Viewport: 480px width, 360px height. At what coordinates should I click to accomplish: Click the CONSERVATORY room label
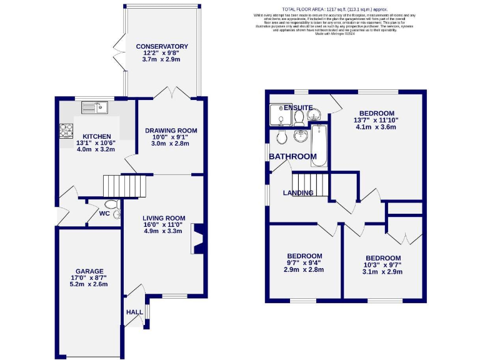162,46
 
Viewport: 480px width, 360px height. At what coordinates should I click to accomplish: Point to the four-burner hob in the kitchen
66,131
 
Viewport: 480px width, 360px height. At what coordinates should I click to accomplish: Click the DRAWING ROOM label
171,131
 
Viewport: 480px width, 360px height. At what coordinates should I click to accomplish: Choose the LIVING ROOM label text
162,217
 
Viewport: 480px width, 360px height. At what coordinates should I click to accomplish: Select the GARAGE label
90,271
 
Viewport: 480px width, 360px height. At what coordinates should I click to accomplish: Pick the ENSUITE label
297,108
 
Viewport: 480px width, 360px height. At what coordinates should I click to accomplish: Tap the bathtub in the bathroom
318,146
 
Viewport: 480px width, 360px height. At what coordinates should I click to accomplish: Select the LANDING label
297,193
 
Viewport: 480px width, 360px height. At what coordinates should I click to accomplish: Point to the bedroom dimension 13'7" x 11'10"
376,120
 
